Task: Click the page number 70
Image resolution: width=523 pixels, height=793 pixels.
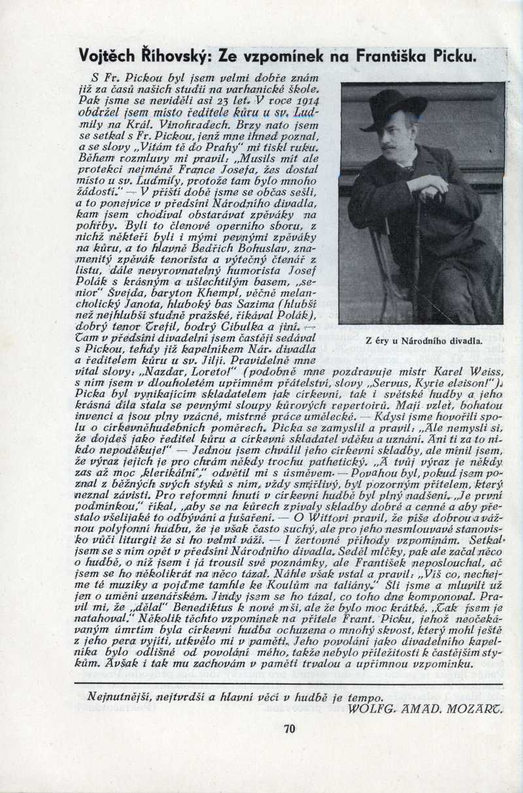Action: tap(290, 729)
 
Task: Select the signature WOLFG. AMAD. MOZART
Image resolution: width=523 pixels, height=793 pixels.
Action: tap(426, 709)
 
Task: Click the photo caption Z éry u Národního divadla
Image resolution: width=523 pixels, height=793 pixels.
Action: tap(423, 340)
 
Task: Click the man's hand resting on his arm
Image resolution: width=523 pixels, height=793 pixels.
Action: tap(427, 185)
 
